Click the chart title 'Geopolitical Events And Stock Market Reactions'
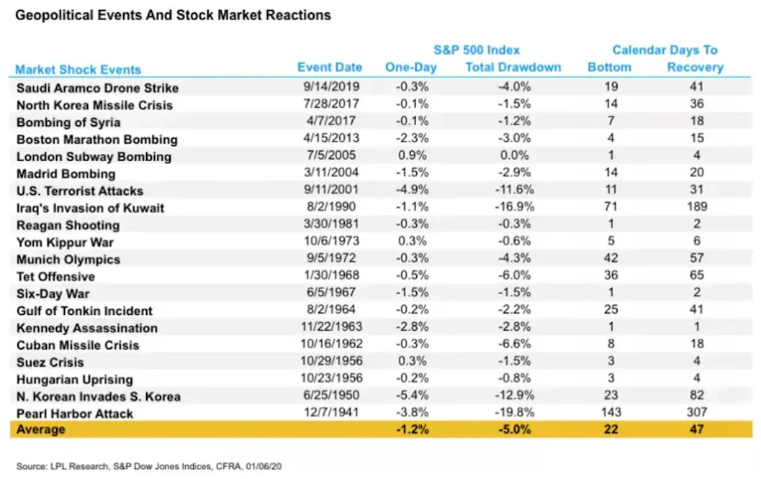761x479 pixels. [x=173, y=15]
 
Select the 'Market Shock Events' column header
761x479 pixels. [x=78, y=70]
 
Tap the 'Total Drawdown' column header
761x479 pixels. [x=513, y=68]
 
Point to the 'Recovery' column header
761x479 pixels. [x=695, y=68]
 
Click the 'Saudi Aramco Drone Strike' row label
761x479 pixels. [x=97, y=88]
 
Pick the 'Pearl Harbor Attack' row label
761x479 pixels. [x=76, y=414]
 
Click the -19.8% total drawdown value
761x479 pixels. [x=513, y=413]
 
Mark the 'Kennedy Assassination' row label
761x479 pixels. [x=86, y=328]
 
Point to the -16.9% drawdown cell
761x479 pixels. [x=513, y=208]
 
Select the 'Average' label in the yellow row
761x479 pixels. [x=41, y=430]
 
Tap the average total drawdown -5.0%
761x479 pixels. [x=513, y=430]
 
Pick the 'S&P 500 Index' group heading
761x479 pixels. [x=476, y=50]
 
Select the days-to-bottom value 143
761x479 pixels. [x=609, y=413]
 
